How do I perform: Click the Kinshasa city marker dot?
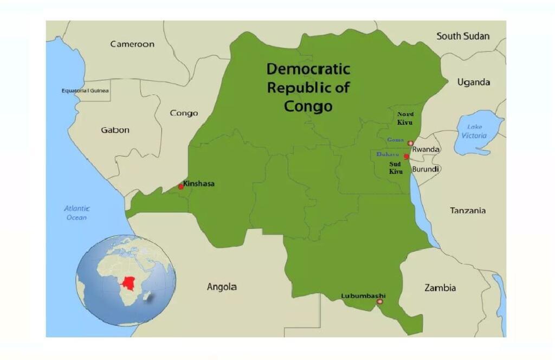click(181, 187)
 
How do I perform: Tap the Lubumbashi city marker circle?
click(379, 301)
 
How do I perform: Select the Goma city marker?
click(410, 143)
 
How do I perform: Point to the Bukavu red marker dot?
click(406, 156)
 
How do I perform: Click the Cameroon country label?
click(132, 44)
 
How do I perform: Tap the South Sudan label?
click(463, 36)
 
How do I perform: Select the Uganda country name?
click(473, 82)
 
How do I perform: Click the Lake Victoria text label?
click(474, 131)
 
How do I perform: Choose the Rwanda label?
click(426, 149)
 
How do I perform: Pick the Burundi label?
click(426, 169)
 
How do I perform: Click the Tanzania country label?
click(468, 210)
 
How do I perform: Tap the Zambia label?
click(440, 288)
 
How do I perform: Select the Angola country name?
click(222, 287)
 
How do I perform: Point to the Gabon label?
click(115, 130)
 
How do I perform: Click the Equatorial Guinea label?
click(85, 91)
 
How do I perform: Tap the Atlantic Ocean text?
click(76, 213)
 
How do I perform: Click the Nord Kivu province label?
click(405, 118)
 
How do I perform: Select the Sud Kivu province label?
click(396, 168)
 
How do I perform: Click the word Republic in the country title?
click(308, 87)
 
